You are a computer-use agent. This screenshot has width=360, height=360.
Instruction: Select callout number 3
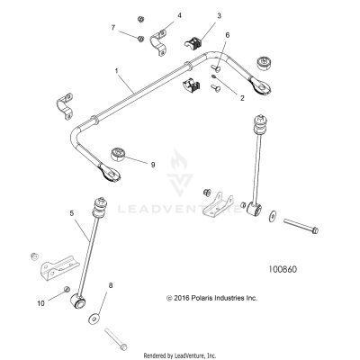pyautogui.click(x=219, y=16)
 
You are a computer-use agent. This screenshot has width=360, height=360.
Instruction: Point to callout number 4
pyautogui.click(x=178, y=15)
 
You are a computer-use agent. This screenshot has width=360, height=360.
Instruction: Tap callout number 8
pyautogui.click(x=110, y=285)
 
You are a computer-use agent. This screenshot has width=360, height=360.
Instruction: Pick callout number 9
pyautogui.click(x=153, y=164)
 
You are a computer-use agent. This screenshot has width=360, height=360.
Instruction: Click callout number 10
pyautogui.click(x=40, y=303)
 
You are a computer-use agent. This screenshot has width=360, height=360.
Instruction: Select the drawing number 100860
pyautogui.click(x=287, y=267)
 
